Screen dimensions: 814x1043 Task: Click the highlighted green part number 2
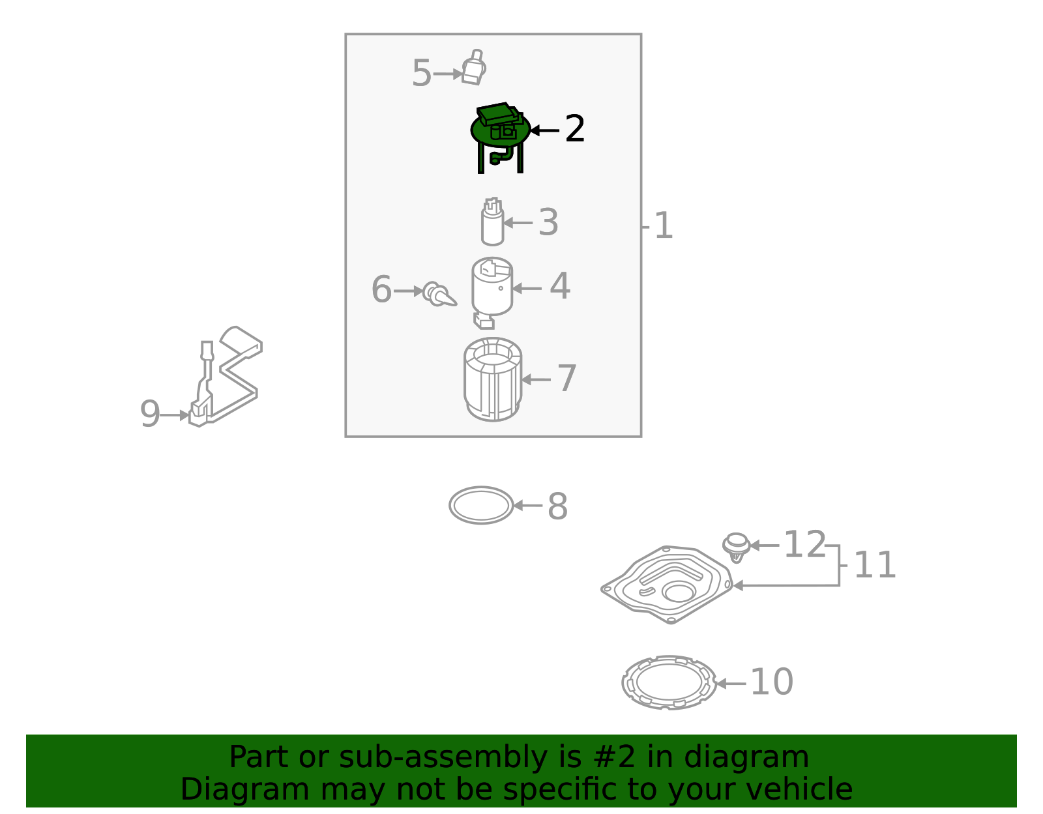coord(499,130)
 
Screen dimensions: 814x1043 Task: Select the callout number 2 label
coord(574,130)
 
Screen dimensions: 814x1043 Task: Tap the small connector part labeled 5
coord(474,68)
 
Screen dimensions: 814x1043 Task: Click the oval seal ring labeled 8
coord(481,505)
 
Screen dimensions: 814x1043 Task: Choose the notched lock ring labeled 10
coord(669,683)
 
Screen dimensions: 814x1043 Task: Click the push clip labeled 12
coord(737,545)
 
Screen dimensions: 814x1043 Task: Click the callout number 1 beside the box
coord(663,226)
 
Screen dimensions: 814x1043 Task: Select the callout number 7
coord(566,379)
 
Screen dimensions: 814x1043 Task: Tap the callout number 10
coord(772,682)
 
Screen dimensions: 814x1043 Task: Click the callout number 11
coord(875,565)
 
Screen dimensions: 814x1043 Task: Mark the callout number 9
coord(150,414)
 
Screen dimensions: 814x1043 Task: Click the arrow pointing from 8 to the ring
coord(528,505)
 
